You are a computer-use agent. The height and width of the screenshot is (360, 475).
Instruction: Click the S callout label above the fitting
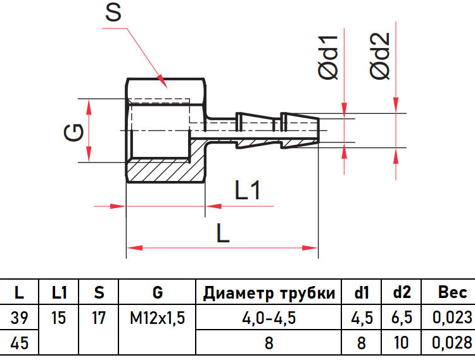[x=113, y=13]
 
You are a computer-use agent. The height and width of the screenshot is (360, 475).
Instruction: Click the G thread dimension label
[x=74, y=132]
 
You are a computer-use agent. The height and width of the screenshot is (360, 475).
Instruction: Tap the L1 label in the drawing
[x=248, y=190]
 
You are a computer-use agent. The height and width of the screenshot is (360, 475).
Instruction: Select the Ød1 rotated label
[x=328, y=57]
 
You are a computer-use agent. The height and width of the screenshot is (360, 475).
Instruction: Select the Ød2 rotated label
[x=379, y=56]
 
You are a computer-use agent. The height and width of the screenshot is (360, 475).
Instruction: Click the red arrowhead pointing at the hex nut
[x=161, y=81]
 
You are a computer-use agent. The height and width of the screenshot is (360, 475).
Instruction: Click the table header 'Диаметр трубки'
[x=269, y=293]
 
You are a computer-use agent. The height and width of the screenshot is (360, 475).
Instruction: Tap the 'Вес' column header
[x=453, y=292]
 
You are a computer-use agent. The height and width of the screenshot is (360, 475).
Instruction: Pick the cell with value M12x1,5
[x=157, y=318]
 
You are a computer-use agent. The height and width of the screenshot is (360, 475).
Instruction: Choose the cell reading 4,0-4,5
[x=269, y=318]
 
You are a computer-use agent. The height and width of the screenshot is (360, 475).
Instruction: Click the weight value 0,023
[x=452, y=318]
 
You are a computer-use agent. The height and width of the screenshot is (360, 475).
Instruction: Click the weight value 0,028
[x=452, y=343]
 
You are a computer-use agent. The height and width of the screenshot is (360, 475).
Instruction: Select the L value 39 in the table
[x=20, y=318]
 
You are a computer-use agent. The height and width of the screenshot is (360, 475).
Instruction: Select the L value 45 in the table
[x=20, y=343]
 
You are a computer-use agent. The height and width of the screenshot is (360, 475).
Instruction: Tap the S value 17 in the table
[x=98, y=318]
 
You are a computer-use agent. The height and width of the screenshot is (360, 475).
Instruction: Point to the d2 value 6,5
[x=402, y=318]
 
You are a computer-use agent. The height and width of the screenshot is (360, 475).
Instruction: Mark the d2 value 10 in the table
[x=402, y=343]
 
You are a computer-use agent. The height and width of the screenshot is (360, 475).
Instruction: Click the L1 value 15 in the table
[x=58, y=318]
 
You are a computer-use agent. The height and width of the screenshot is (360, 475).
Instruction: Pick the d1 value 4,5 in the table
[x=362, y=318]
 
